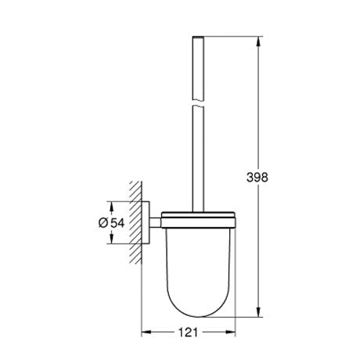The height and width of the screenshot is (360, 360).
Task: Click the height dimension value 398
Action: tap(259, 177)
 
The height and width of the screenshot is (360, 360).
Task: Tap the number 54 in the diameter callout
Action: tap(118, 224)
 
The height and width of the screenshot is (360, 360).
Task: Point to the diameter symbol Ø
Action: tap(104, 224)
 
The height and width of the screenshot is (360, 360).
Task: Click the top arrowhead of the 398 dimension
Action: tap(259, 39)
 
